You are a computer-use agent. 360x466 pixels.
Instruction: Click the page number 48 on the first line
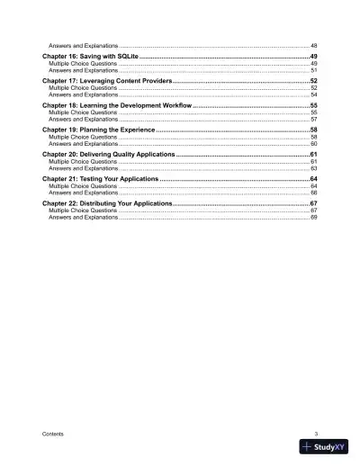click(312, 44)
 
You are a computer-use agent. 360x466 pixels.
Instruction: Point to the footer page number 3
click(316, 434)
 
